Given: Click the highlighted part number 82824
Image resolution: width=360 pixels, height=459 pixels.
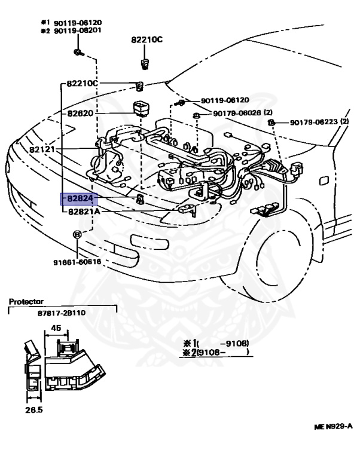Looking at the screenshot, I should (x=80, y=199).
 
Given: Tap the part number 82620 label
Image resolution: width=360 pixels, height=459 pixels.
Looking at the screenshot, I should (x=81, y=112).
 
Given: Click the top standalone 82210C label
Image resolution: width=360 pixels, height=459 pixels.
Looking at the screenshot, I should (x=147, y=40).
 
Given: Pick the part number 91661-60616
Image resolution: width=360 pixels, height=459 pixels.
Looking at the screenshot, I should (x=77, y=262).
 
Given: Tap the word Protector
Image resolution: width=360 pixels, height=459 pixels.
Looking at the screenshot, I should (x=26, y=302).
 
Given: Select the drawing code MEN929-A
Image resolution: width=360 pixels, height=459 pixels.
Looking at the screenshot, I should (x=333, y=427).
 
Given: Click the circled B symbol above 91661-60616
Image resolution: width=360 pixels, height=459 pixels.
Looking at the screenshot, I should (x=77, y=234).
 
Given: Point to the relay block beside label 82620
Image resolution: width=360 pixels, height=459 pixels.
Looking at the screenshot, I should (x=140, y=109).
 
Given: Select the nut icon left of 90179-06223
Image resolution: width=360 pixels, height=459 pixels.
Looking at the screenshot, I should (x=271, y=123).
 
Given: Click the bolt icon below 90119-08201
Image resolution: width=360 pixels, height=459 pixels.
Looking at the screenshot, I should (x=78, y=53).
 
